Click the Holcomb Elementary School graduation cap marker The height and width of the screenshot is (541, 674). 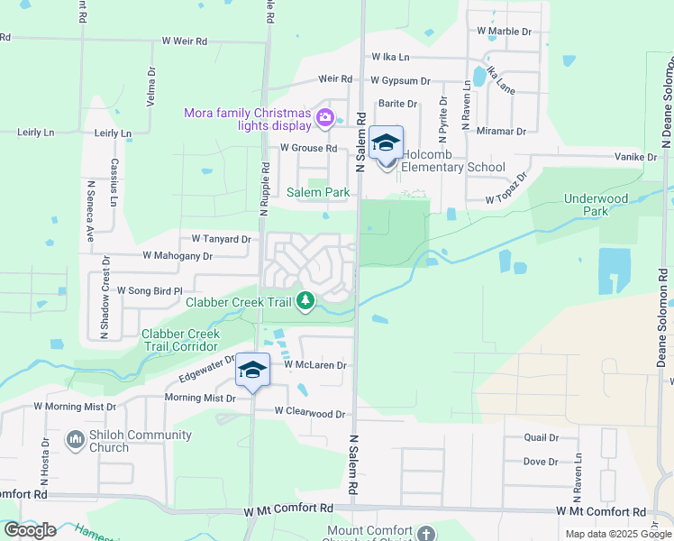pos(386,144)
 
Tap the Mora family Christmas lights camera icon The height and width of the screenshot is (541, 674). pos(325,116)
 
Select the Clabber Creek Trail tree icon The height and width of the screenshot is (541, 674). pos(306,300)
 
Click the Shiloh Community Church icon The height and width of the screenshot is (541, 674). pos(76,441)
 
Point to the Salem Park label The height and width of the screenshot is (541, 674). pos(317,192)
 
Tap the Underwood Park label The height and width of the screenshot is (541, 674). pos(596,204)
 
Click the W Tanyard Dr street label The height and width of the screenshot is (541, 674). pos(220,239)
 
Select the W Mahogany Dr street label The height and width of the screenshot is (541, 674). pos(177,256)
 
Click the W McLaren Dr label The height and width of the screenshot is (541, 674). pos(314,365)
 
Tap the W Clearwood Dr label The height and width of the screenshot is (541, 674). pos(310,412)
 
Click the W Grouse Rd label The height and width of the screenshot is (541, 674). pos(308,148)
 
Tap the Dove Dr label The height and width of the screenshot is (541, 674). pos(541,462)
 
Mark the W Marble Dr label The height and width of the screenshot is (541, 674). pos(505,31)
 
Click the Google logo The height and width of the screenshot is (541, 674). pos(30,530)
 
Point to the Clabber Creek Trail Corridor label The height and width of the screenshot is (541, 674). pos(180,340)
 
